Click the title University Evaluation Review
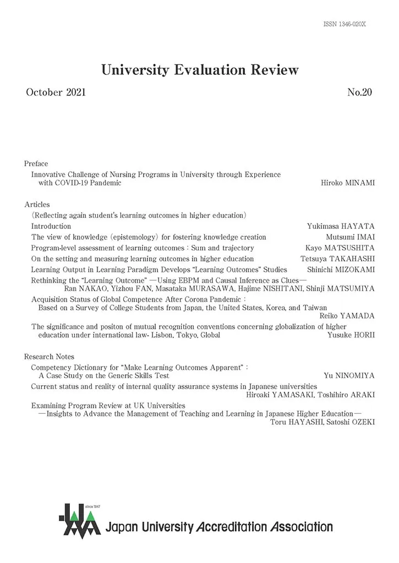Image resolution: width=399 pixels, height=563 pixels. [x=200, y=70]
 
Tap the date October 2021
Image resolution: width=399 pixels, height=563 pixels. [x=56, y=92]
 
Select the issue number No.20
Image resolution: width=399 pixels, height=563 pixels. [x=360, y=92]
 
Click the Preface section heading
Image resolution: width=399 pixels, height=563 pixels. [x=36, y=163]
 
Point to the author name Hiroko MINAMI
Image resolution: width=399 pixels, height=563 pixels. [x=348, y=183]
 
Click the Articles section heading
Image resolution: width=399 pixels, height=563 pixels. [x=37, y=205]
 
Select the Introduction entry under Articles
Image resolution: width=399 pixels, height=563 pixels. [x=51, y=226]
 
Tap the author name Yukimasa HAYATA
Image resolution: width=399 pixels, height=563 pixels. [x=341, y=226]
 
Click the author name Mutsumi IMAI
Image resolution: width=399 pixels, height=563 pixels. [x=350, y=237]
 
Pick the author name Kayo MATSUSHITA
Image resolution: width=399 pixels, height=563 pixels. [x=340, y=248]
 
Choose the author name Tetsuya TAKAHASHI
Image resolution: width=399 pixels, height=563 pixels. [x=337, y=259]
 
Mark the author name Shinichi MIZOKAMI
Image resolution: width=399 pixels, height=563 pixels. [x=341, y=270]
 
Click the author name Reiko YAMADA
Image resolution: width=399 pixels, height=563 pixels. [x=347, y=316]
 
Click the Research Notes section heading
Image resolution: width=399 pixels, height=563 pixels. [x=49, y=357]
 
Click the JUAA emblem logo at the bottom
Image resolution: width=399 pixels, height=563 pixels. [x=79, y=520]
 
